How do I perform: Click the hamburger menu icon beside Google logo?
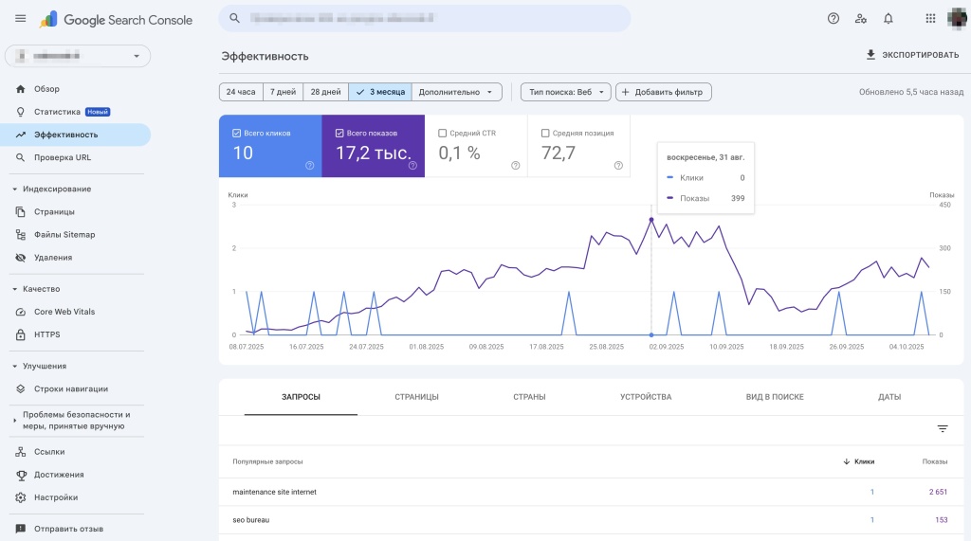click(x=20, y=19)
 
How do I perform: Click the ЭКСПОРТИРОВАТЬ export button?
click(x=912, y=55)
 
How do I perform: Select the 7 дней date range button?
click(x=283, y=92)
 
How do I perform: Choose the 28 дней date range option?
click(x=325, y=92)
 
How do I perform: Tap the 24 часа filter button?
click(x=240, y=92)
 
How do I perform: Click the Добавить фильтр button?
click(x=664, y=92)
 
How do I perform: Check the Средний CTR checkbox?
click(x=442, y=134)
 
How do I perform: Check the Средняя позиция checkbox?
click(x=545, y=134)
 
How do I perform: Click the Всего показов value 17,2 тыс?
click(x=373, y=153)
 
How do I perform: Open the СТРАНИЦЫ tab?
click(x=416, y=397)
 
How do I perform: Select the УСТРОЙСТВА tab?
click(x=646, y=397)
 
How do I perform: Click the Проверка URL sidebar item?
click(x=63, y=157)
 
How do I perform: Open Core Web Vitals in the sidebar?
click(x=64, y=312)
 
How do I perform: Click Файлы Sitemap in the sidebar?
click(x=64, y=235)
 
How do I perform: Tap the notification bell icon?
click(x=889, y=18)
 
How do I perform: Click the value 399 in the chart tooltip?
click(x=738, y=198)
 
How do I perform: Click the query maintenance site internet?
click(x=274, y=492)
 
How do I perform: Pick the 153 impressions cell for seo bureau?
click(x=941, y=520)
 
